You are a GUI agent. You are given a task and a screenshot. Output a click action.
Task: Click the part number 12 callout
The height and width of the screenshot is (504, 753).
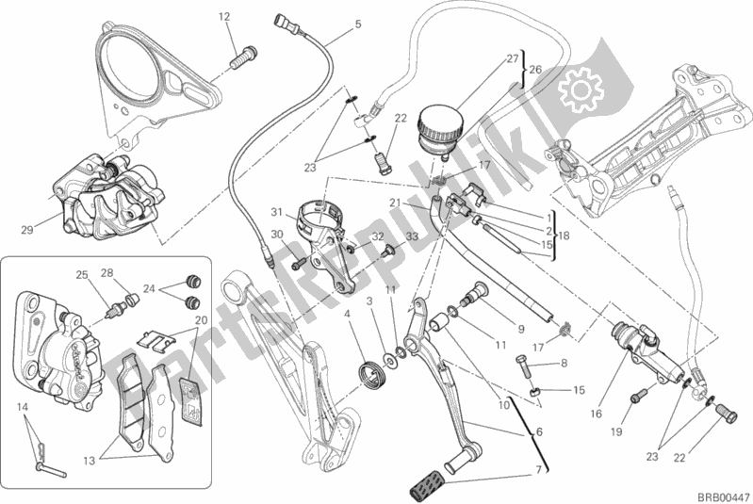coord(224,16)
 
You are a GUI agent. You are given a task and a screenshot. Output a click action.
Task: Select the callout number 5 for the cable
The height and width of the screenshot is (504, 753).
coord(357,24)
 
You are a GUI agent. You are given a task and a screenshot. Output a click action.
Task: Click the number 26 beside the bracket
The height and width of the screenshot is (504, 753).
coord(535,69)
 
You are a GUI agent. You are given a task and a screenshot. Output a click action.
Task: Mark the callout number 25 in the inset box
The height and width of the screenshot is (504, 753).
coord(82,274)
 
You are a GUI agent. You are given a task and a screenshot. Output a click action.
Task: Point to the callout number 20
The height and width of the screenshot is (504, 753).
coord(200,320)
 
